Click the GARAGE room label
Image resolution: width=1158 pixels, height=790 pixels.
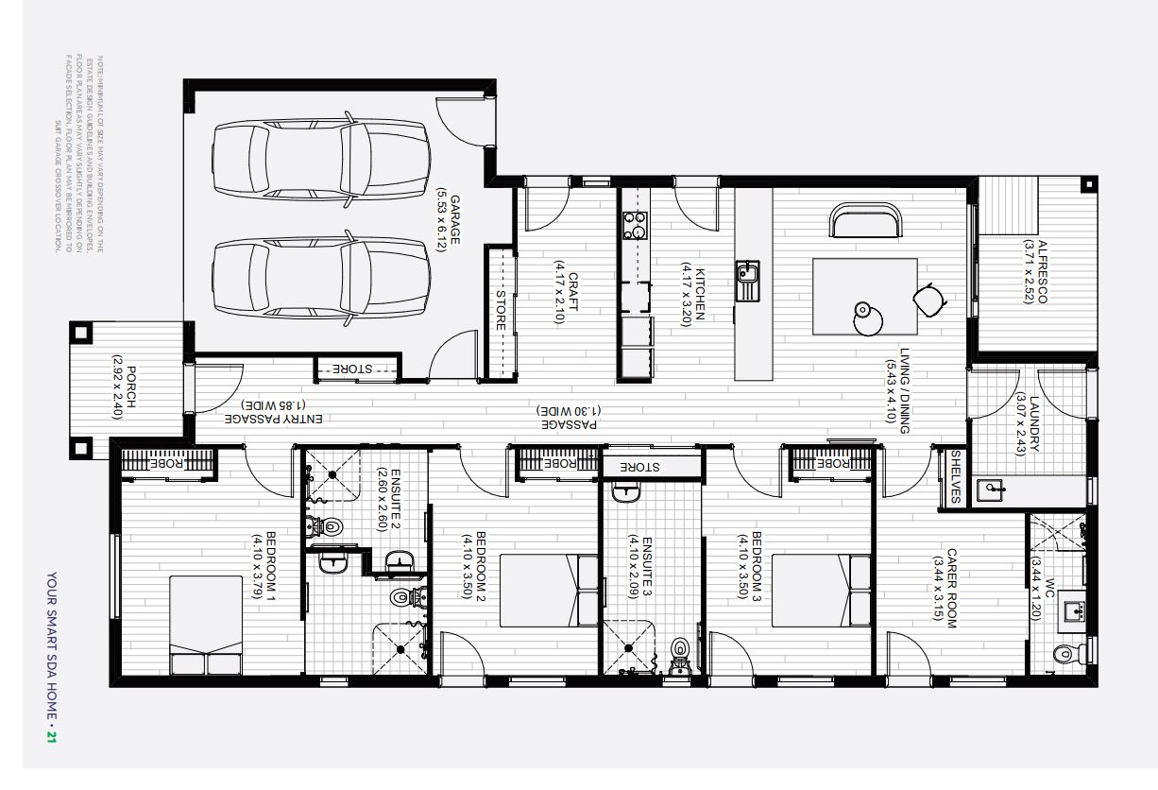454,220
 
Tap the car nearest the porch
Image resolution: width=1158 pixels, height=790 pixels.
321,276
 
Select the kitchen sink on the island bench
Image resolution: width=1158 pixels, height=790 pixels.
747,281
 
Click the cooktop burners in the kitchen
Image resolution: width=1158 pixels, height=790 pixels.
634,226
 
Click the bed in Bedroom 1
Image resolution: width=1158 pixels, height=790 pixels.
206,627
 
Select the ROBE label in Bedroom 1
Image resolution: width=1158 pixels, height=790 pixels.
172,462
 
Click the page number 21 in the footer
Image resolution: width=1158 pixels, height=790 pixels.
52,736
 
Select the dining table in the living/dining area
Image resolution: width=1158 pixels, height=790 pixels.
865,296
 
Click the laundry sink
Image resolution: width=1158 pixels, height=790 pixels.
991,489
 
